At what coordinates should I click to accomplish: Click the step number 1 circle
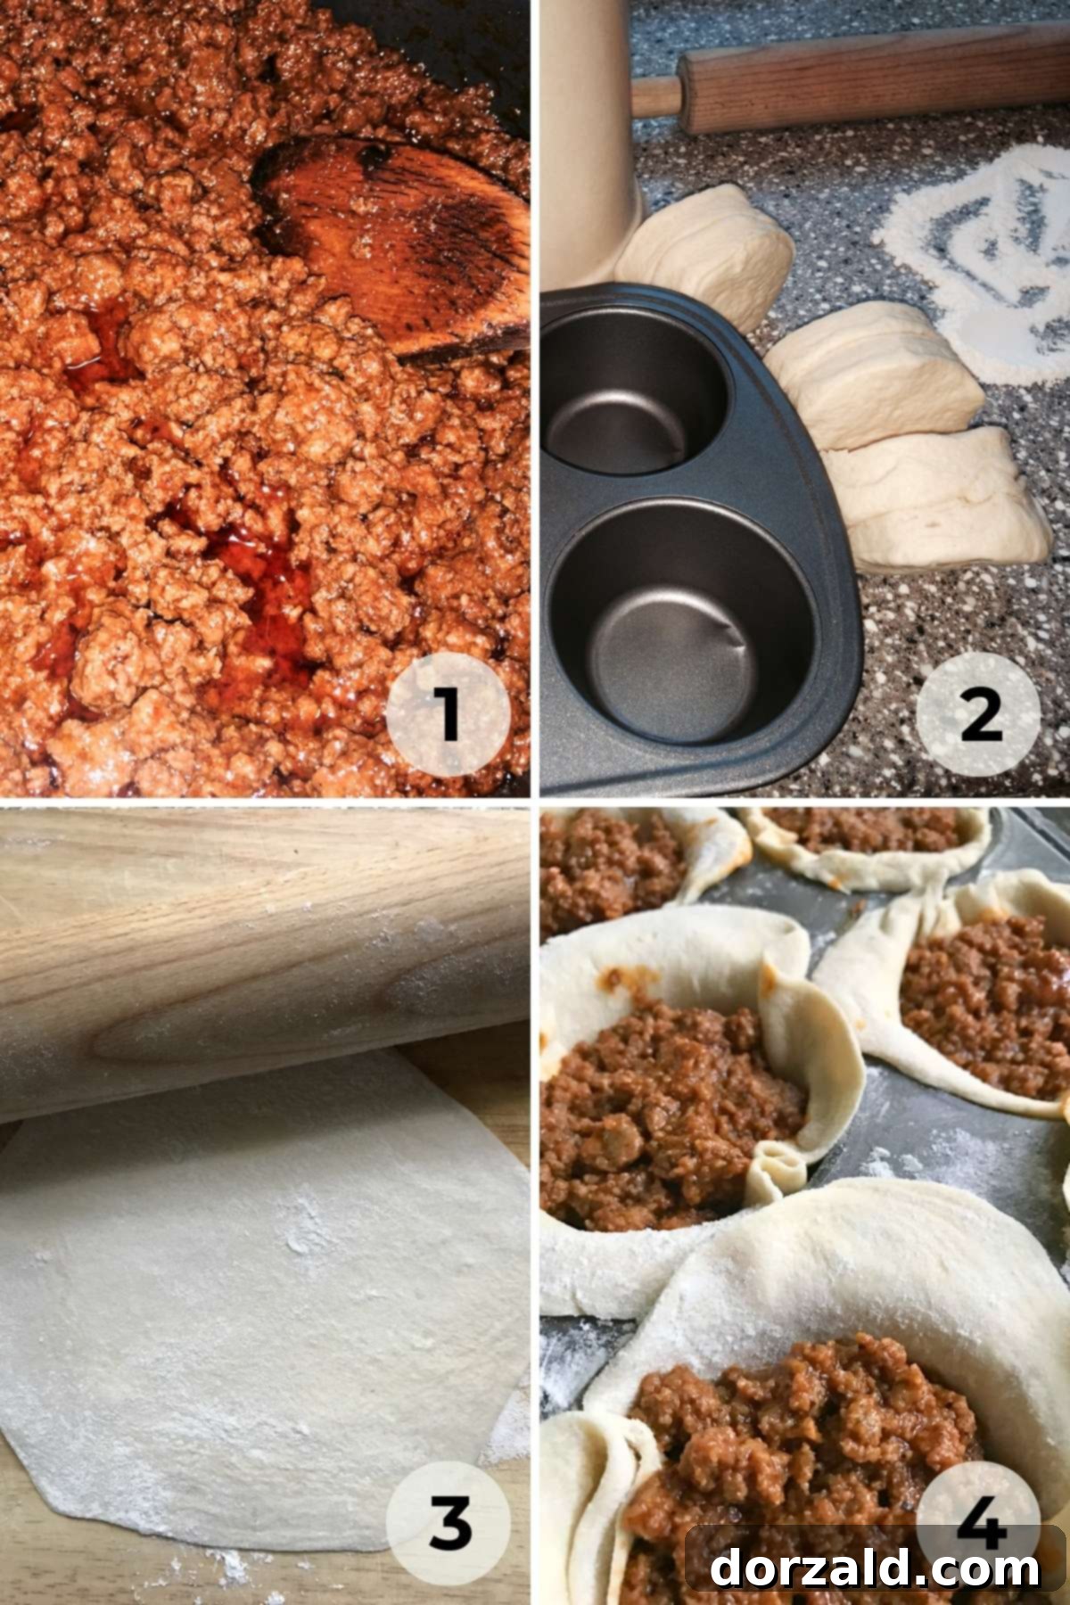[448, 714]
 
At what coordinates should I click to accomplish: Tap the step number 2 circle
[979, 714]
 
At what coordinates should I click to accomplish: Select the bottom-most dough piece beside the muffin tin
[945, 499]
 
